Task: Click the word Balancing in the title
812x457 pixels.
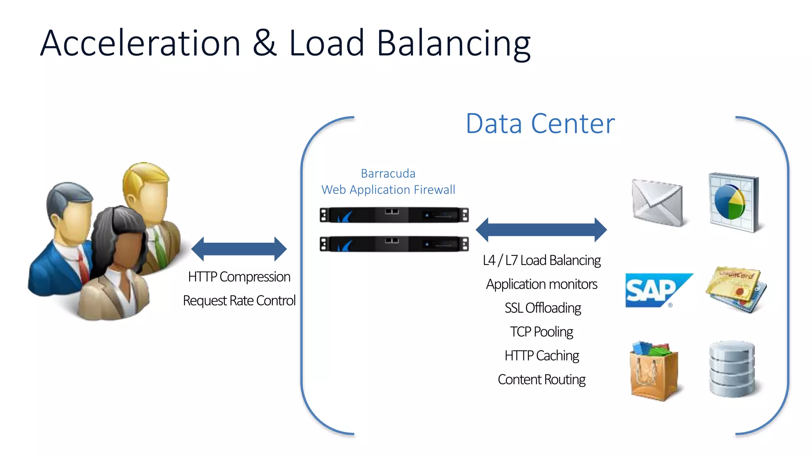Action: [x=453, y=44]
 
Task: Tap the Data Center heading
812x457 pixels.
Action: [x=540, y=124]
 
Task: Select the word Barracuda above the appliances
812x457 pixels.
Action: [x=388, y=173]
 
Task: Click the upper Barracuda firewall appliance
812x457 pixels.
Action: [x=394, y=215]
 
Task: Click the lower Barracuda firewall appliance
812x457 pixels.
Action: [x=394, y=244]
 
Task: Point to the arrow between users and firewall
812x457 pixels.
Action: [x=239, y=249]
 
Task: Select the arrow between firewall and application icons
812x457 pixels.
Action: [x=541, y=230]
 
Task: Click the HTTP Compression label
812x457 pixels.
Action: [x=239, y=277]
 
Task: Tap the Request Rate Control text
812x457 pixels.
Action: [x=239, y=300]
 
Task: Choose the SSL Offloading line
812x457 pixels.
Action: [x=542, y=308]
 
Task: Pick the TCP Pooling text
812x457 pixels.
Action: [x=542, y=332]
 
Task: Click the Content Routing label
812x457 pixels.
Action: [x=542, y=379]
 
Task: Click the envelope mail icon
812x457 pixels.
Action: [x=657, y=203]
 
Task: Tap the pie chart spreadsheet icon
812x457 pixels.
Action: [x=733, y=202]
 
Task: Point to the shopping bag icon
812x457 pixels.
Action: [x=654, y=371]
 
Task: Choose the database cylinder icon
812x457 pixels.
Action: [x=732, y=369]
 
